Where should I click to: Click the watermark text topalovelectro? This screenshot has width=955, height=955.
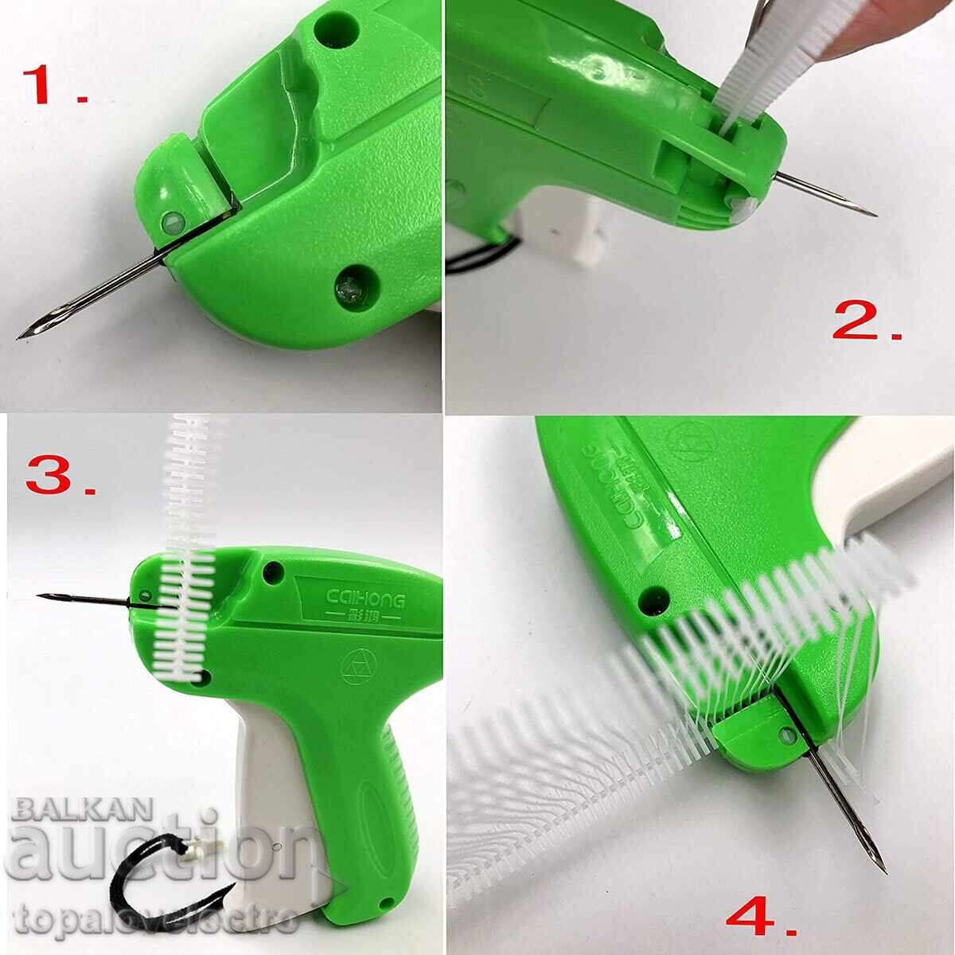pyautogui.click(x=151, y=923)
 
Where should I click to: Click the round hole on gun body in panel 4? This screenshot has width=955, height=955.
pyautogui.click(x=657, y=595)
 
